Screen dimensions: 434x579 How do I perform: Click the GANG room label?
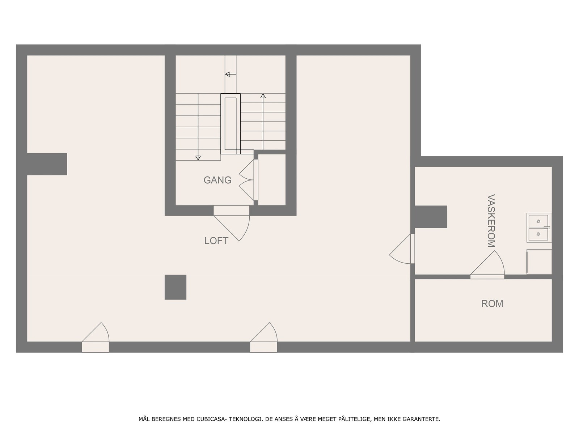pyautogui.click(x=217, y=180)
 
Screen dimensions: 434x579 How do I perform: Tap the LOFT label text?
pyautogui.click(x=216, y=241)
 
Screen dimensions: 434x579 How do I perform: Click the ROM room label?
pyautogui.click(x=492, y=304)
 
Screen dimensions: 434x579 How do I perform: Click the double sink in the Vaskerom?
pyautogui.click(x=538, y=227)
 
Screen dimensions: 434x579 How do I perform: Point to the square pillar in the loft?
pyautogui.click(x=176, y=287)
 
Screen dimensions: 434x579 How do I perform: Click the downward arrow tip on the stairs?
pyautogui.click(x=198, y=158)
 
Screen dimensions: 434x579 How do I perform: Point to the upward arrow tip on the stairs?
pyautogui.click(x=263, y=96)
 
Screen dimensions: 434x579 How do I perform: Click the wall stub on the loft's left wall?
pyautogui.click(x=47, y=164)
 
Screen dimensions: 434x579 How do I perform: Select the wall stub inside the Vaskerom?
pyautogui.click(x=431, y=217)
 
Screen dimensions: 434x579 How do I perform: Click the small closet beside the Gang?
pyautogui.click(x=272, y=180)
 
